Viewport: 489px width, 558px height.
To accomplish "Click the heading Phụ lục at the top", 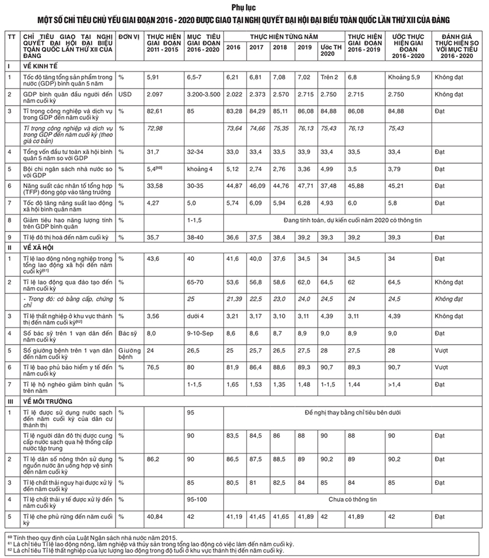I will [x=244, y=7].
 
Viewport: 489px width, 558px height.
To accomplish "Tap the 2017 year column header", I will [x=257, y=47].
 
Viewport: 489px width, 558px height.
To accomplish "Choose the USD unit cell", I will [x=125, y=95].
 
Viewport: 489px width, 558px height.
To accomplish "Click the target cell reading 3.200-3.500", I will [x=202, y=95].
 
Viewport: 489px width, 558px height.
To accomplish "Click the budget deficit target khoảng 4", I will [x=199, y=168].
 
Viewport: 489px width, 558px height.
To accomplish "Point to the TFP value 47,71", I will [x=304, y=185].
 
